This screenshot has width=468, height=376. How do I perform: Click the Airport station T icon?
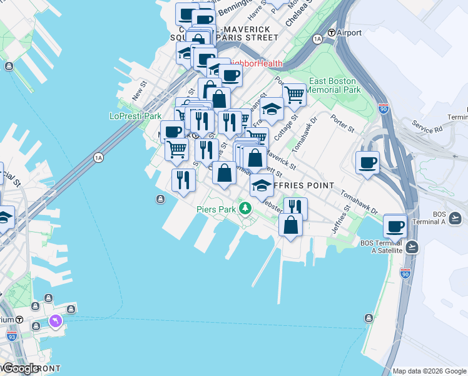(x=332, y=33)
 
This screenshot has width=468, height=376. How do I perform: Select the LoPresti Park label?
(x=135, y=116)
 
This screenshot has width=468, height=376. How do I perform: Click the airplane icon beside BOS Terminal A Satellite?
(x=412, y=246)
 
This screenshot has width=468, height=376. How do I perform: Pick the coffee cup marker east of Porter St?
(x=367, y=162)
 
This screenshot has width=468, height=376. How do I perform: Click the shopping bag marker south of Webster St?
(x=291, y=225)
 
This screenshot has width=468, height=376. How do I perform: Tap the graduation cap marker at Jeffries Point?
(x=262, y=185)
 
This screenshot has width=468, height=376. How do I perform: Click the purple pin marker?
(x=56, y=321)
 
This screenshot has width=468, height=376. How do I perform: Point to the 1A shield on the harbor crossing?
(x=98, y=157)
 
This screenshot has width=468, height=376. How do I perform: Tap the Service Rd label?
(x=427, y=129)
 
